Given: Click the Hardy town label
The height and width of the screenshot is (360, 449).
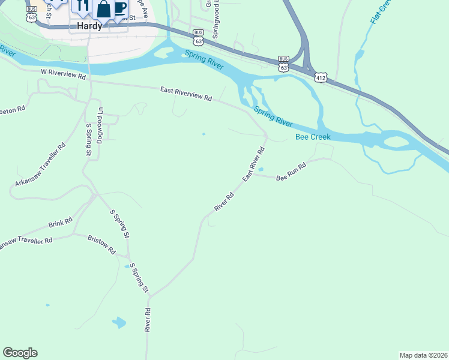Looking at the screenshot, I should [x=89, y=26].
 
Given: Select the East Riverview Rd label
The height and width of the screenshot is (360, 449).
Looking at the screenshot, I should [x=186, y=94].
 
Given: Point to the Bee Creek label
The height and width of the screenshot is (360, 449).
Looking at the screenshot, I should [x=313, y=137].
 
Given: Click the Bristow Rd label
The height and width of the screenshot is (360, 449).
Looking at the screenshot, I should [x=101, y=245].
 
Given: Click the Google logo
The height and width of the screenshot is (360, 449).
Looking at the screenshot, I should [x=20, y=353].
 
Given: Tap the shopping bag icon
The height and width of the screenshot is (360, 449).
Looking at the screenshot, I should [x=104, y=9].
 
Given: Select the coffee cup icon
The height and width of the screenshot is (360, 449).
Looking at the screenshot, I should [x=120, y=7].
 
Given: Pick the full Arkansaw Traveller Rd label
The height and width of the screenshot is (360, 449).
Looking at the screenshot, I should [x=40, y=167].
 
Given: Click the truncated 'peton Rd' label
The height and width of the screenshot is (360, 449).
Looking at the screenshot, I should [x=13, y=110].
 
